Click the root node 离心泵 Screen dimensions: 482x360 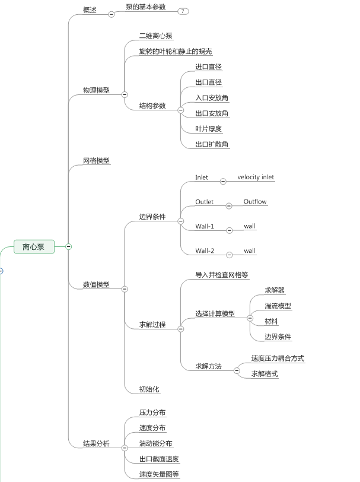[34, 246]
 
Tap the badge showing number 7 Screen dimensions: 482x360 [182, 11]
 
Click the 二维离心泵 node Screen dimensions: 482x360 [155, 36]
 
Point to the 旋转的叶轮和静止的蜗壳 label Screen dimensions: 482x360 [176, 52]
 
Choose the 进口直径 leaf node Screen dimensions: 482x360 [208, 67]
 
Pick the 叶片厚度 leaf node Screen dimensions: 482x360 [208, 129]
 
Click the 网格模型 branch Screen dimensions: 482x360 [96, 160]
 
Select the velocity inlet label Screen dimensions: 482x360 [256, 177]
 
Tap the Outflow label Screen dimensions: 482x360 [255, 202]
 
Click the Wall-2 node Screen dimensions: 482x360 [205, 250]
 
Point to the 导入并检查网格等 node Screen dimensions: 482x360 [222, 275]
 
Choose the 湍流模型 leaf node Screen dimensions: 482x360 [278, 306]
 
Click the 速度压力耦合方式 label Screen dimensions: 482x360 [278, 359]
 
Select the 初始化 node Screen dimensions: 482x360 [149, 389]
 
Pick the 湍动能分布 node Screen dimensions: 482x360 [155, 443]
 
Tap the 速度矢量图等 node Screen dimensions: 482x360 [159, 474]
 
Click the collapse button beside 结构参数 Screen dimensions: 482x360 [181, 110]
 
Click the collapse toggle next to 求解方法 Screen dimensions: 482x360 [237, 370]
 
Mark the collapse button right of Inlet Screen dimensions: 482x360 [223, 181]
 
